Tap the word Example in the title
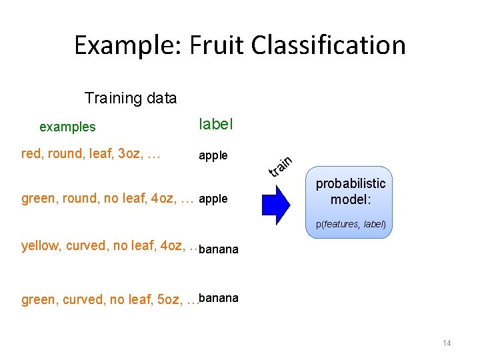tap(125, 45)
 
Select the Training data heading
tap(131, 99)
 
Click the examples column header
tap(67, 127)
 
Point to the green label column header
tap(216, 124)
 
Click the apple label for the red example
tap(213, 156)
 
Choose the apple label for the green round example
tap(213, 199)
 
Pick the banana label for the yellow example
tap(218, 250)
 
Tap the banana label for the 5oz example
tap(218, 297)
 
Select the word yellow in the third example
tap(41, 246)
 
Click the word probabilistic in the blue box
tap(351, 183)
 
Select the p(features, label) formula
tap(351, 225)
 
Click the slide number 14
tap(446, 343)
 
